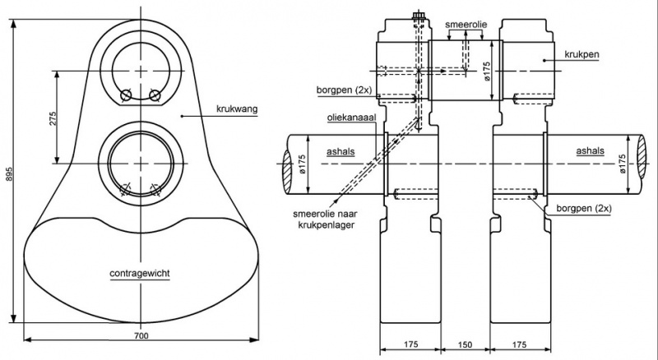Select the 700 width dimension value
coord(141,335)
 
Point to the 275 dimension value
coord(53,118)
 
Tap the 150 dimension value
coord(465,345)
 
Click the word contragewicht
coord(140,274)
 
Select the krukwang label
coord(237,109)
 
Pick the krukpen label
coord(582,54)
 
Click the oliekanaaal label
coord(352,117)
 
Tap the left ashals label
coord(341,151)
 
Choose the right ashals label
coord(590,151)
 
